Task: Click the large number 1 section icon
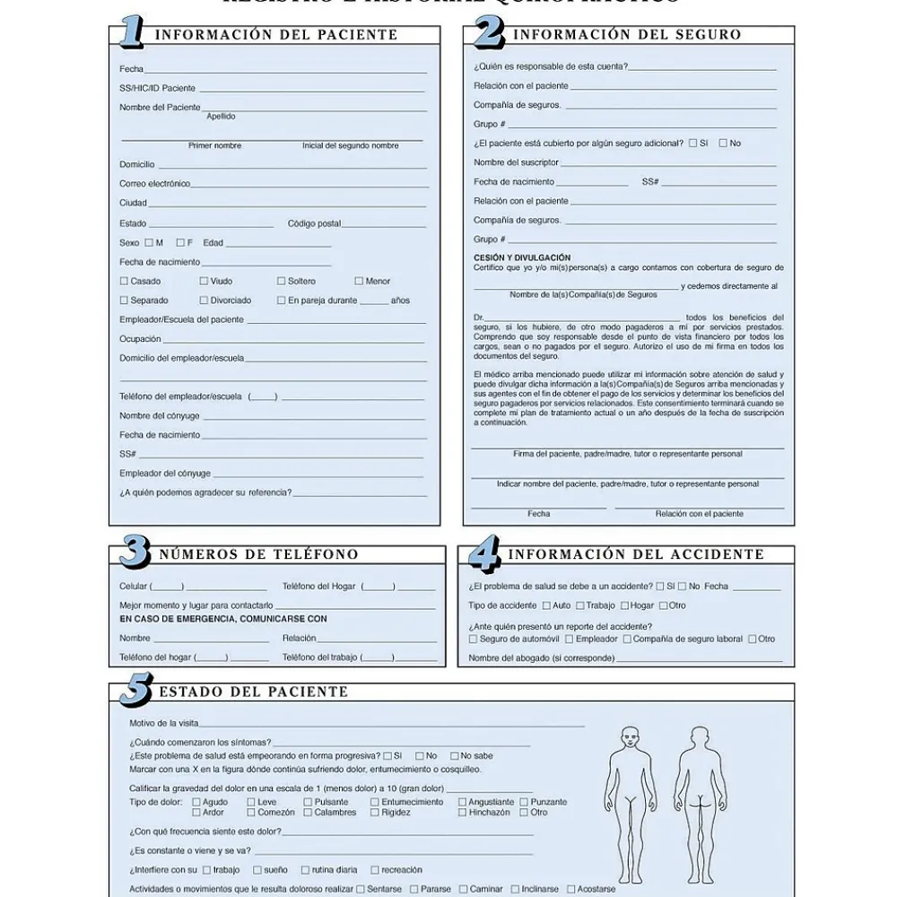(x=131, y=32)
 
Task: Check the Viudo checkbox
(x=204, y=282)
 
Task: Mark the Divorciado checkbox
(x=204, y=300)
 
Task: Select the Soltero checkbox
(x=282, y=282)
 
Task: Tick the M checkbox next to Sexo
(x=149, y=243)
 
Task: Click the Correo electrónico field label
(x=154, y=184)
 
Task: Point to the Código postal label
(x=314, y=223)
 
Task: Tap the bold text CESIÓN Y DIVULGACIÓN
(x=522, y=257)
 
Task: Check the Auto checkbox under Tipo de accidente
(x=546, y=605)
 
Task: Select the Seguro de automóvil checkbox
(x=474, y=640)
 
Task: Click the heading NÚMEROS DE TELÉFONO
(x=258, y=554)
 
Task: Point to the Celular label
(x=134, y=587)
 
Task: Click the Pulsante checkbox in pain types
(x=308, y=803)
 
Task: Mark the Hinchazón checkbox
(x=463, y=813)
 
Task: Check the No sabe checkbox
(x=454, y=756)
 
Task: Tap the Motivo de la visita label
(x=164, y=723)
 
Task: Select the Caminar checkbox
(x=462, y=890)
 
